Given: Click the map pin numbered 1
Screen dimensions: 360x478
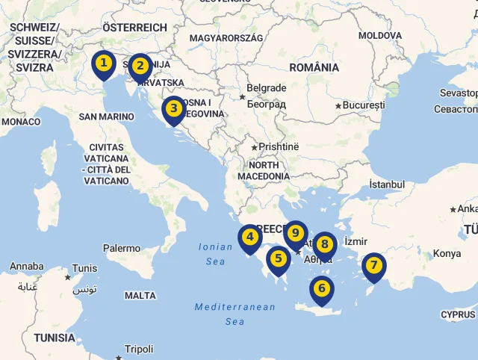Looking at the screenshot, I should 104,63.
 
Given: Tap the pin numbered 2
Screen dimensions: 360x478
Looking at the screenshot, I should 140,67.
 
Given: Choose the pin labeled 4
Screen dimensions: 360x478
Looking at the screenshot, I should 249,238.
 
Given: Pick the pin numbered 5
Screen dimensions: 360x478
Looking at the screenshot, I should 278,259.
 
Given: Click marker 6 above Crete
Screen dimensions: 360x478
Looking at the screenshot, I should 322,288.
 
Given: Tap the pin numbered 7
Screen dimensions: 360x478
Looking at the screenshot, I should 373,266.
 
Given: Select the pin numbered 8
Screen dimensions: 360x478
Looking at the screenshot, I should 324,245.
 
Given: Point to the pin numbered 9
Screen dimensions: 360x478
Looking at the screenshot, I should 296,233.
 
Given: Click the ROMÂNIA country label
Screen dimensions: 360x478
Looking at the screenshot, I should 314,67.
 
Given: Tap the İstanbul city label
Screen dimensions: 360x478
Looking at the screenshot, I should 386,184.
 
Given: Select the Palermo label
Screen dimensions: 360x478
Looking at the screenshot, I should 122,248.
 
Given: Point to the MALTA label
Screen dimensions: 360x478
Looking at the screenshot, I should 140,296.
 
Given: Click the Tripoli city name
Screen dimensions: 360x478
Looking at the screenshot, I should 139,349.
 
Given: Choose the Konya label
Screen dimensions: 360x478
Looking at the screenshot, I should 447,253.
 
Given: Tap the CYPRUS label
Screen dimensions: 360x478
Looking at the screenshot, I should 457,314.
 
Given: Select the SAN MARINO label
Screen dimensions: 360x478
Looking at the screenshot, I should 106,117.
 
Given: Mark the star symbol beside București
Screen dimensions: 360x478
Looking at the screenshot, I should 338,106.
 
